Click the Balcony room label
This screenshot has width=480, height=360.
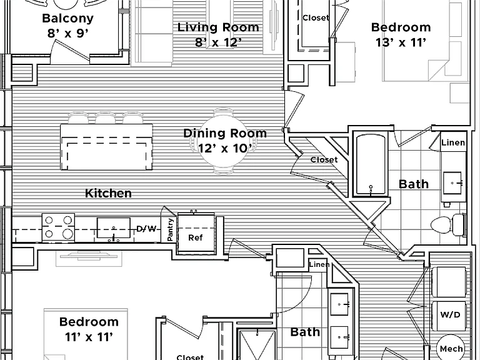click(67, 18)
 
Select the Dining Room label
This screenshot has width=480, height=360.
click(225, 133)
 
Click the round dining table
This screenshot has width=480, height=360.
click(224, 141)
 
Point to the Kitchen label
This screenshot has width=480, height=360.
click(108, 193)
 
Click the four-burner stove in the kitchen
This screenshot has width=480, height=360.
click(58, 227)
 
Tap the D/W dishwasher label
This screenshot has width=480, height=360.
click(147, 229)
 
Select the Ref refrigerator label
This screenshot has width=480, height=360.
click(195, 237)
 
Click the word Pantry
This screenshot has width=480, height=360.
click(170, 229)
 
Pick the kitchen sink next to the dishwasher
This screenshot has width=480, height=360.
click(114, 228)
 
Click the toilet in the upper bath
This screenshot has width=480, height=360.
click(447, 225)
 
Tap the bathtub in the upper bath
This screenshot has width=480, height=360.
click(371, 164)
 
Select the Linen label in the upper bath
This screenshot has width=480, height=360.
click(453, 142)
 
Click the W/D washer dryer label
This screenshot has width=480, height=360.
click(450, 314)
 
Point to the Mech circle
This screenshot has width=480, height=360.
click(451, 348)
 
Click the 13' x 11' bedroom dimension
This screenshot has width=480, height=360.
click(401, 42)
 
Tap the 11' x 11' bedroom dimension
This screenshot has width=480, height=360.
click(89, 337)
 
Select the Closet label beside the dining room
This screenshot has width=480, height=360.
click(324, 159)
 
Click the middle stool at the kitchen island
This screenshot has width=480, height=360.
click(105, 118)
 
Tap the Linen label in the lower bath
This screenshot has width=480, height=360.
click(319, 264)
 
